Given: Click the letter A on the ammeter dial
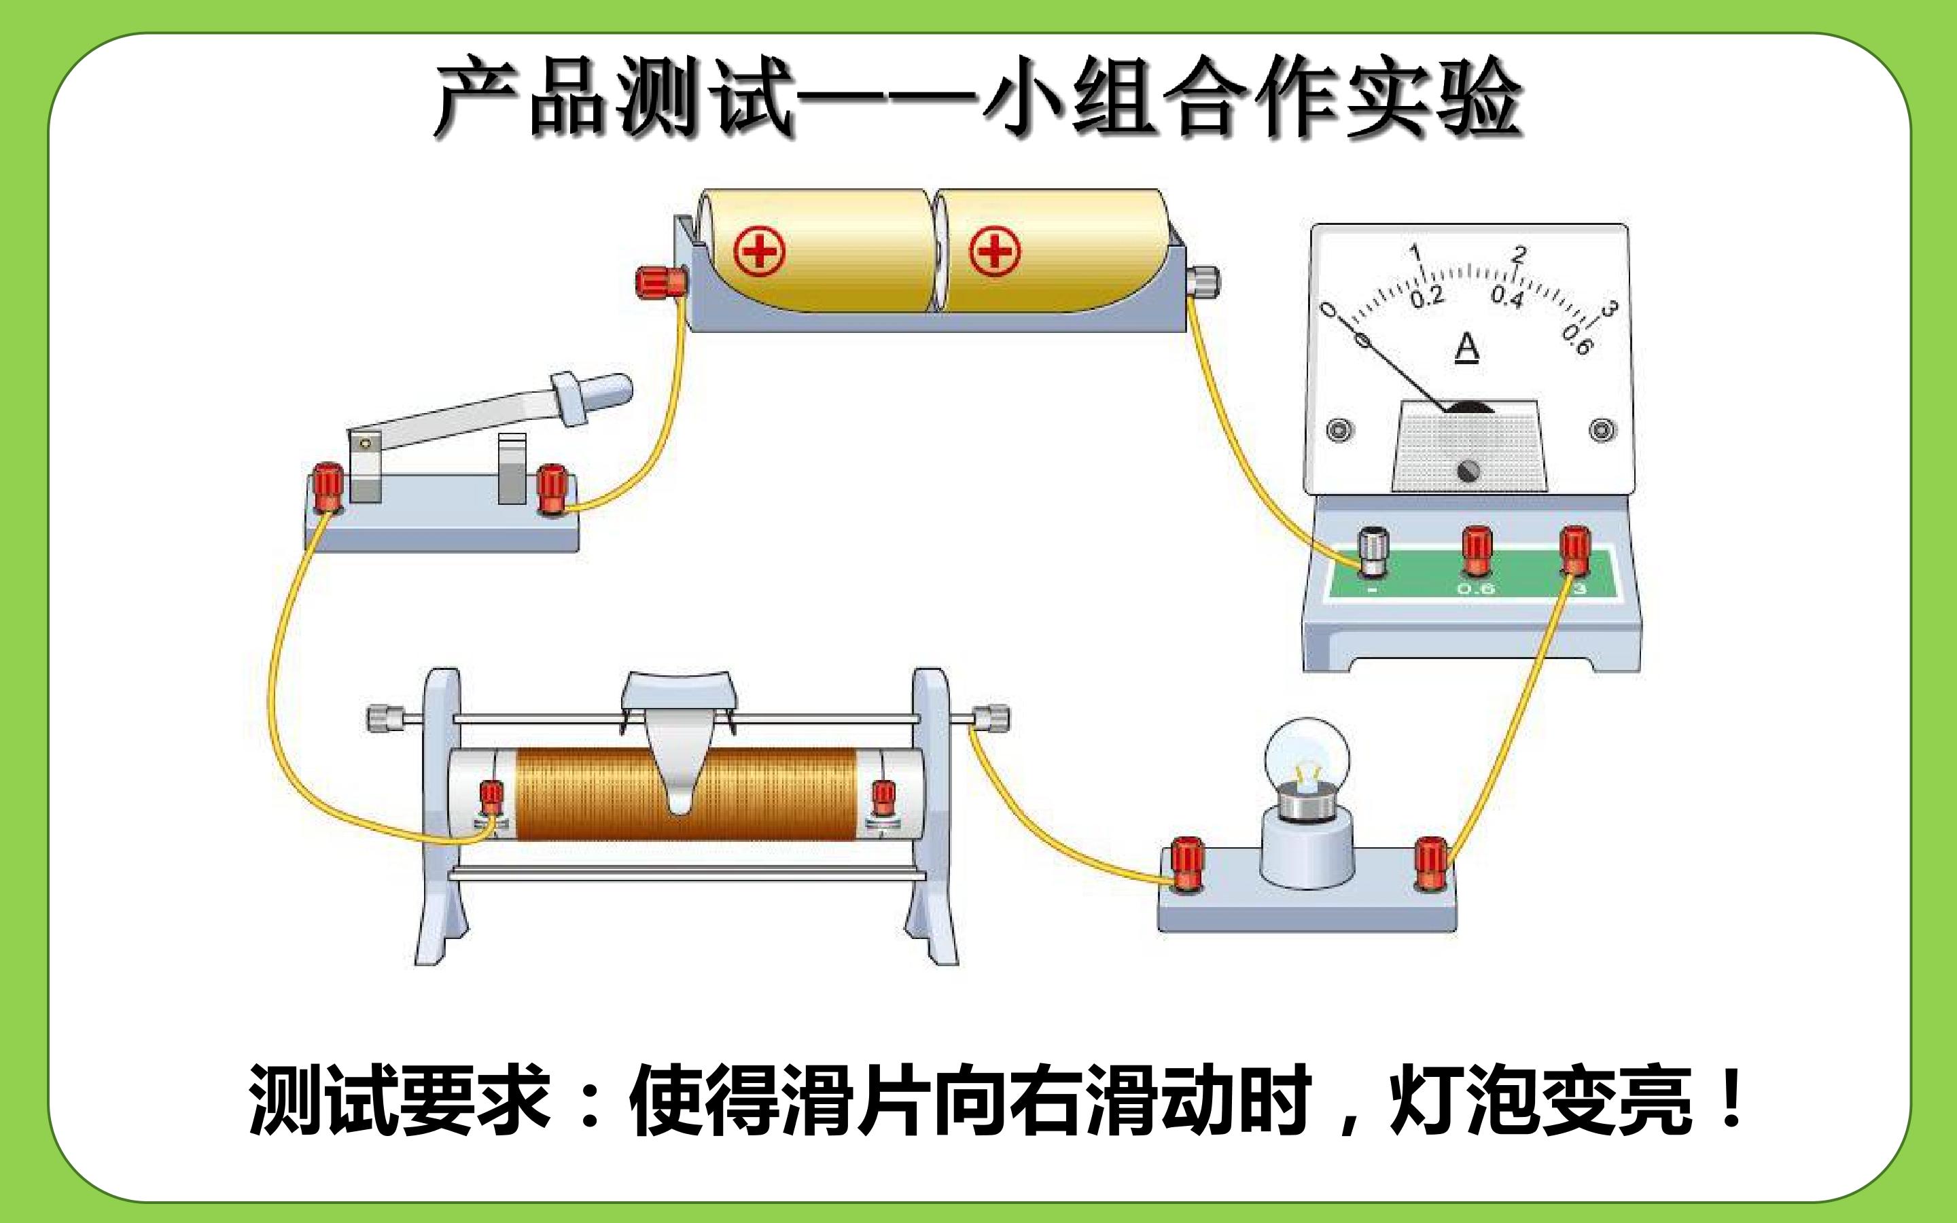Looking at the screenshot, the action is point(1467,349).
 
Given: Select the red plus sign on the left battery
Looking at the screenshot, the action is point(759,251).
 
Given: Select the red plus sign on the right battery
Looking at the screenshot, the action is point(995,251).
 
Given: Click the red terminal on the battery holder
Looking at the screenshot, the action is point(661,281).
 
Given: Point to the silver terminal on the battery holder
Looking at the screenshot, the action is point(1203,281).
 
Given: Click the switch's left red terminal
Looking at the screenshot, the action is point(329,486).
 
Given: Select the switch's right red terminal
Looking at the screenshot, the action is point(552,489).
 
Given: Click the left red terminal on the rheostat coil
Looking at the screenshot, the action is point(491,798).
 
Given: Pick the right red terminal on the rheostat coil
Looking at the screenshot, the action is point(882,798).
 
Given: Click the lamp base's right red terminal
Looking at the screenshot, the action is point(1430,864).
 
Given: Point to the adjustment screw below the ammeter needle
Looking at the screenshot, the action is point(1468,470).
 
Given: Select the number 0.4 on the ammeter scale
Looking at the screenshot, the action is point(1507,298).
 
